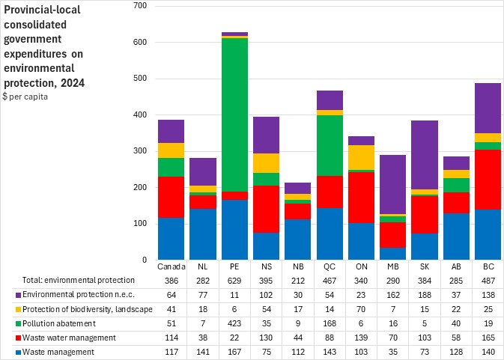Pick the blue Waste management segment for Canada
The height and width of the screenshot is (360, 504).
(x=171, y=239)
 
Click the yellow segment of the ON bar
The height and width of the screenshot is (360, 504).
(x=362, y=158)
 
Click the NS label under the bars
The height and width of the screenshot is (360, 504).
(x=267, y=266)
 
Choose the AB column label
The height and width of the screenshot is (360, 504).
(x=458, y=266)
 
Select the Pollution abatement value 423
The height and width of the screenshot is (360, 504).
(x=235, y=324)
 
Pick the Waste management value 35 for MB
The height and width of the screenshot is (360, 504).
(x=394, y=353)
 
